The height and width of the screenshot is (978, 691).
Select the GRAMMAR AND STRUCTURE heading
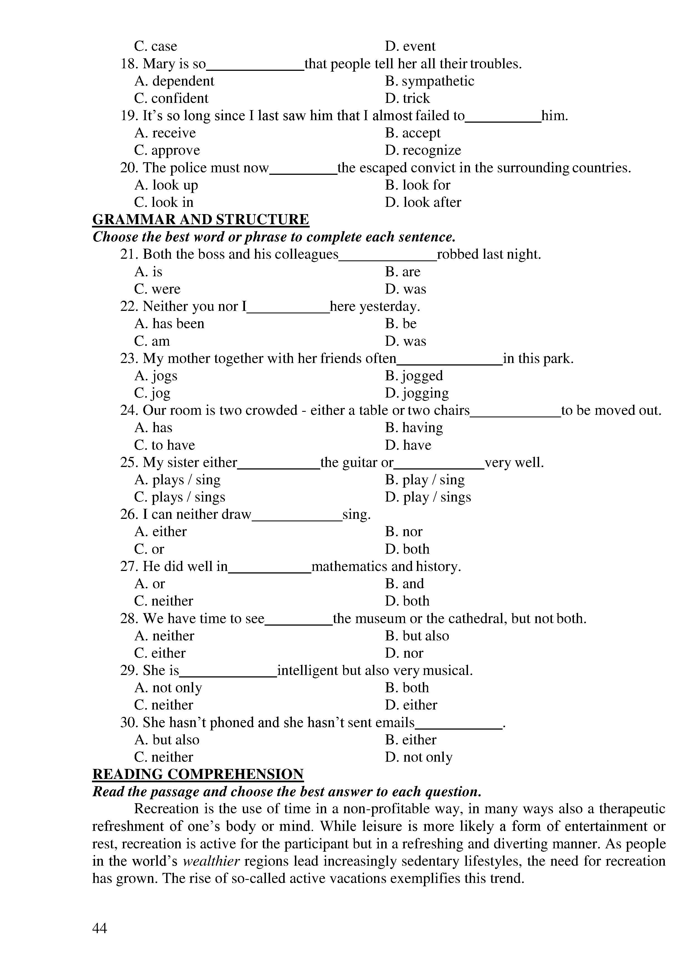(200, 219)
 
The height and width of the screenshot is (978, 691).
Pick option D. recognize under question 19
(423, 150)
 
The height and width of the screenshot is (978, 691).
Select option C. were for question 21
(157, 289)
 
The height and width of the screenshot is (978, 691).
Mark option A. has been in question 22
(169, 323)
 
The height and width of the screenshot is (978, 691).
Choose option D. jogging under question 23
(417, 393)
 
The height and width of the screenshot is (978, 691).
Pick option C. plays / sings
(180, 497)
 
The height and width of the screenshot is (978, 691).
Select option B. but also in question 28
(417, 636)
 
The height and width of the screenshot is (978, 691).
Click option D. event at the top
(410, 46)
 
